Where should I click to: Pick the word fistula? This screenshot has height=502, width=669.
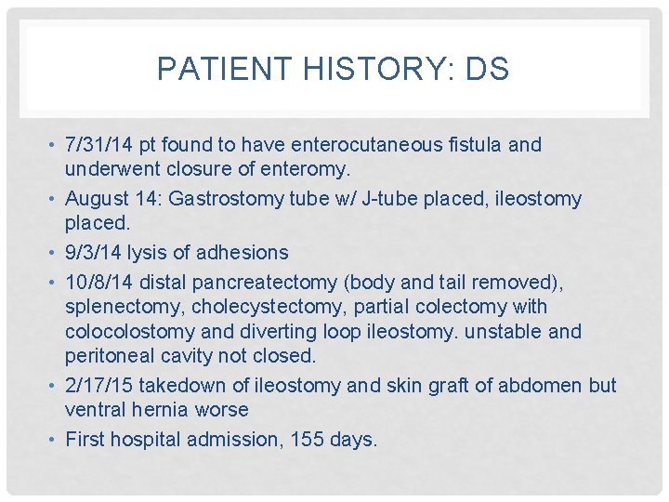pyautogui.click(x=465, y=145)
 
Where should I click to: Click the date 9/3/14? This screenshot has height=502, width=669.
pyautogui.click(x=91, y=253)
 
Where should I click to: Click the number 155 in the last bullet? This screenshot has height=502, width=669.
pyautogui.click(x=299, y=439)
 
